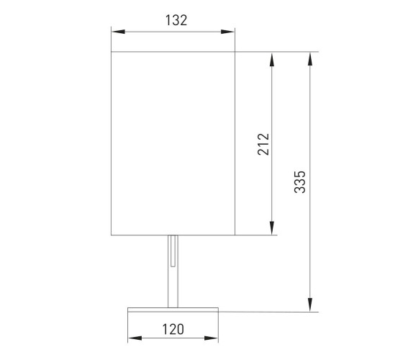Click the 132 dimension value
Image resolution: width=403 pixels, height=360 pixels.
pyautogui.click(x=176, y=20)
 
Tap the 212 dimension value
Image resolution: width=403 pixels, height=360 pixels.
pyautogui.click(x=263, y=144)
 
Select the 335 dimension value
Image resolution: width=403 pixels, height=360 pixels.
pyautogui.click(x=299, y=181)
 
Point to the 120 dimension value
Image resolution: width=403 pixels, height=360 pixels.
pyautogui.click(x=173, y=329)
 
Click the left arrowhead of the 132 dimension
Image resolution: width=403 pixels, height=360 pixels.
pyautogui.click(x=118, y=32)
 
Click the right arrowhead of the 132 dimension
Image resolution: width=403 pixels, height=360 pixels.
pyautogui.click(x=227, y=32)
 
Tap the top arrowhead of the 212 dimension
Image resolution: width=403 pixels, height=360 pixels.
pyautogui.click(x=272, y=59)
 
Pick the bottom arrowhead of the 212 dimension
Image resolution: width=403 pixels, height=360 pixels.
pyautogui.click(x=272, y=228)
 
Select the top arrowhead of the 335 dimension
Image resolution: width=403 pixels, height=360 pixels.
pyautogui.click(x=310, y=59)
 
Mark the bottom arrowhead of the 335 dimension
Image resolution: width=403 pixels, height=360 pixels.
pyautogui.click(x=310, y=305)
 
